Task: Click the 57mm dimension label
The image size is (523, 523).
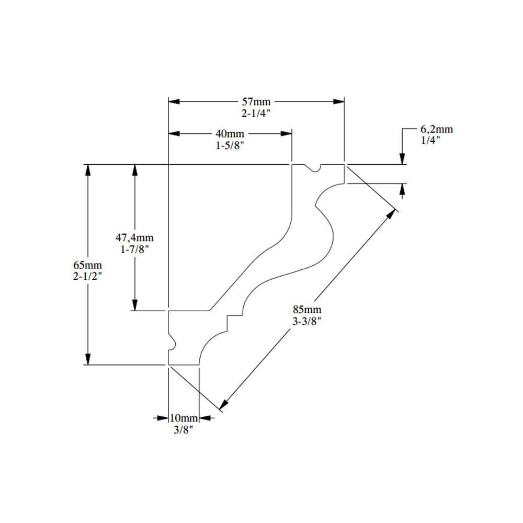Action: click(x=256, y=101)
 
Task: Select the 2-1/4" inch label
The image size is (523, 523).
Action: click(x=256, y=113)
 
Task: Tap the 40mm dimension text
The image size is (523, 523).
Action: click(x=230, y=133)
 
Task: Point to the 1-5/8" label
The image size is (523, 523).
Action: click(x=230, y=145)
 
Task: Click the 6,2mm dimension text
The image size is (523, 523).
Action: click(x=437, y=129)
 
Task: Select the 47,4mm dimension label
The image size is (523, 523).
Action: click(x=134, y=237)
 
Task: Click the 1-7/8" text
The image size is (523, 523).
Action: click(x=134, y=249)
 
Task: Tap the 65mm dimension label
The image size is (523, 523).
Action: click(x=87, y=265)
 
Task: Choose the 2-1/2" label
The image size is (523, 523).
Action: click(x=87, y=277)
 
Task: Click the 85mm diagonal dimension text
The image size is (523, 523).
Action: click(x=307, y=309)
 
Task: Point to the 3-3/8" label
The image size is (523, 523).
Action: click(x=307, y=321)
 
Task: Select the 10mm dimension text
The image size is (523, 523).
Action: click(x=184, y=418)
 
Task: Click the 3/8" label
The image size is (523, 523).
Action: click(x=184, y=429)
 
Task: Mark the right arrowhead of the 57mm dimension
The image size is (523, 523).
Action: click(x=339, y=101)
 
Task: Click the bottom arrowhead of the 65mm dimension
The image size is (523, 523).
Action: click(x=88, y=359)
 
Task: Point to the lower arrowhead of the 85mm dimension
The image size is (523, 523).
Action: click(x=223, y=404)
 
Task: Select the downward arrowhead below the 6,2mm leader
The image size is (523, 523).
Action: click(x=402, y=159)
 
